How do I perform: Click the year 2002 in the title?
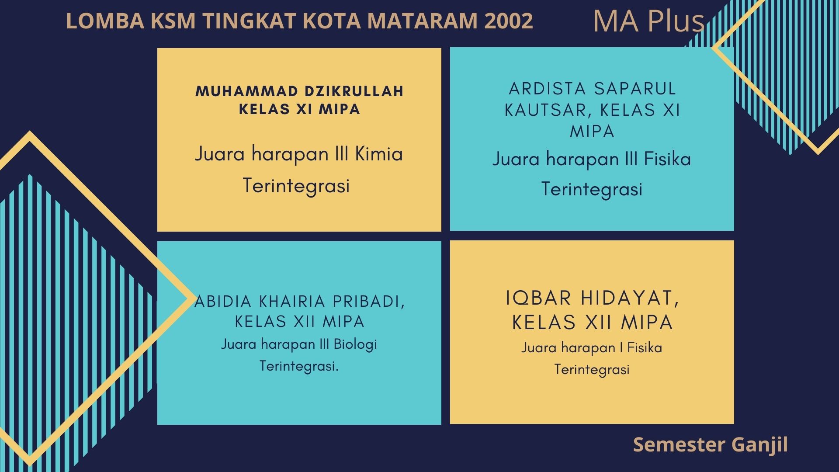[508, 21]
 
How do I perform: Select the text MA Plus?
[649, 21]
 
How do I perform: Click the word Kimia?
[379, 154]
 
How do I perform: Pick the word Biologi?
[355, 344]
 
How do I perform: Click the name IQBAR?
[539, 298]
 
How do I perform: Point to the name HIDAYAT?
[631, 299]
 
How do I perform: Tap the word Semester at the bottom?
[679, 444]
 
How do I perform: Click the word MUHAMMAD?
[247, 91]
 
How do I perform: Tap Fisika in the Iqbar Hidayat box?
[645, 348]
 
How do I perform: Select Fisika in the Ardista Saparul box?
[667, 159]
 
